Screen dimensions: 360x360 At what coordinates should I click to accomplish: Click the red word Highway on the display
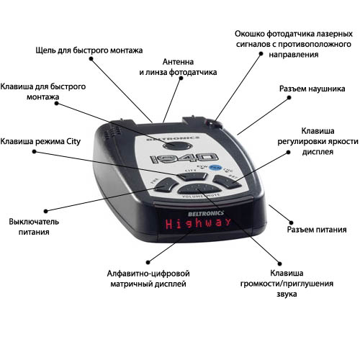(x=198, y=223)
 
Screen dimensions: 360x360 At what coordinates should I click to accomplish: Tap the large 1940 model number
(x=184, y=158)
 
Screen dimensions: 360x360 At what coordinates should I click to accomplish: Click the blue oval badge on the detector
(x=215, y=167)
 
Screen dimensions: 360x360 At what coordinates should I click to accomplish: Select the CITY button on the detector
(x=192, y=176)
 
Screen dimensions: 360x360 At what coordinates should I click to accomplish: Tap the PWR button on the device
(x=166, y=184)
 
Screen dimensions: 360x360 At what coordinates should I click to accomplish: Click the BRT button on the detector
(x=227, y=181)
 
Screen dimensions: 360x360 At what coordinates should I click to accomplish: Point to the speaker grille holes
(x=111, y=132)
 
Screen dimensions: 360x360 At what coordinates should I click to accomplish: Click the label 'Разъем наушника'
(x=312, y=89)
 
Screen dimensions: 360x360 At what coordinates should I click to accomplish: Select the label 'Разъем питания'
(x=317, y=230)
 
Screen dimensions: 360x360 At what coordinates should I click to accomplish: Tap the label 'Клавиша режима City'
(x=40, y=141)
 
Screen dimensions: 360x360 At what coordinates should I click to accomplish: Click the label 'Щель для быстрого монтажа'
(x=89, y=50)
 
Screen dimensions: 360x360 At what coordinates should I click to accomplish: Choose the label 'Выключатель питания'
(x=34, y=227)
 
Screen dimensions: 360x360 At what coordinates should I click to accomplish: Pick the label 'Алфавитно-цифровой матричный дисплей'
(x=148, y=279)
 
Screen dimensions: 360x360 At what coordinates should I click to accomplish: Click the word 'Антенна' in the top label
(x=178, y=62)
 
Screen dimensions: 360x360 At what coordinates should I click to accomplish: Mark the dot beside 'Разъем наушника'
(x=289, y=97)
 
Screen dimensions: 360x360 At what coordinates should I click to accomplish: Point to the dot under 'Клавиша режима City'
(x=35, y=152)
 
